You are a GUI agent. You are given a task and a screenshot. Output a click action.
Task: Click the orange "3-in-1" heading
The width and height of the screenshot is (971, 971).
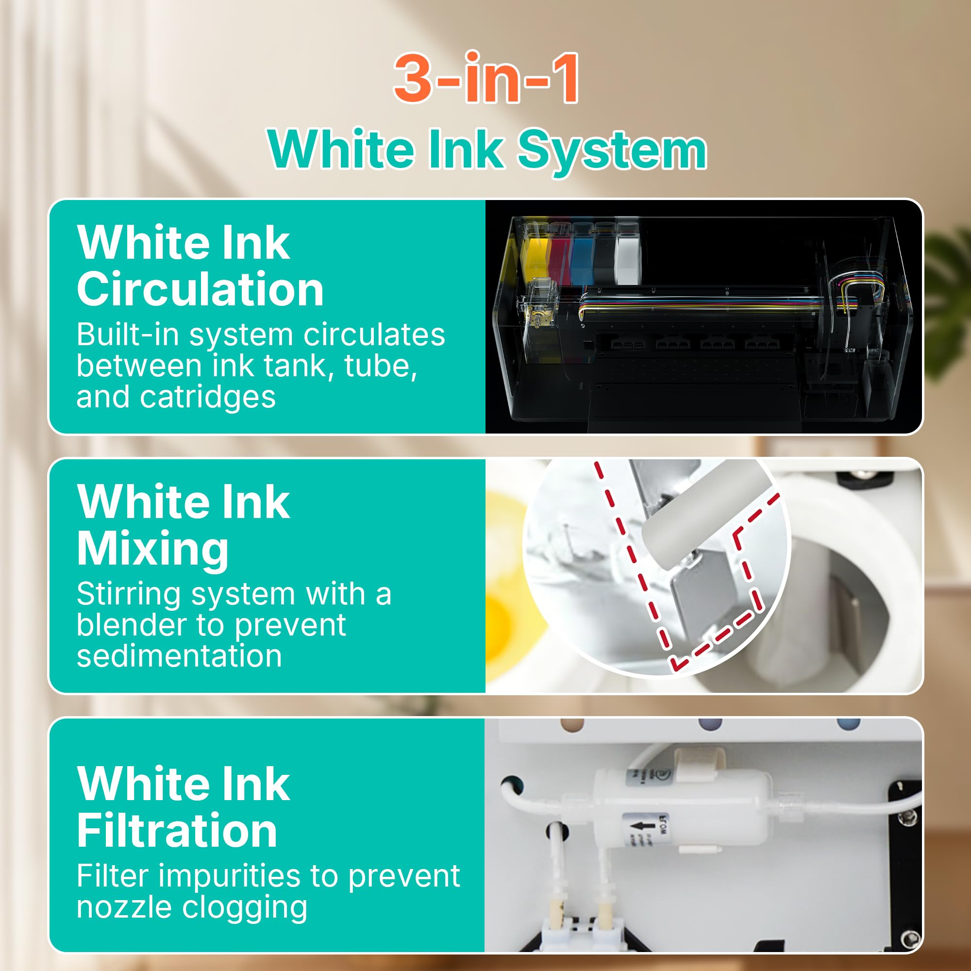click(x=486, y=78)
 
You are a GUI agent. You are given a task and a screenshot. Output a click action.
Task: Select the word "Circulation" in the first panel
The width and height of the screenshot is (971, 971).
click(x=200, y=289)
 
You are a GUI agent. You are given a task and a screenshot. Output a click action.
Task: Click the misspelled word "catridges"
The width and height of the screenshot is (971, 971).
click(x=208, y=398)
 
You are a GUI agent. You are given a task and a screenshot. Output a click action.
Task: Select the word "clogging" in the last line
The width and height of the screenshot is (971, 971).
click(x=245, y=908)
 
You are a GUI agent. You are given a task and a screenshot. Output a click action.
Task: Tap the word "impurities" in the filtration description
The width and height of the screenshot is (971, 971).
click(x=233, y=877)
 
